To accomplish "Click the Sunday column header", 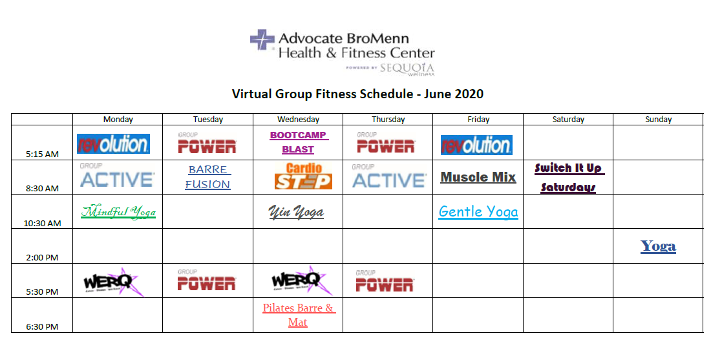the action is pos(658,119).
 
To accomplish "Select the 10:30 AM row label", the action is pos(42,223).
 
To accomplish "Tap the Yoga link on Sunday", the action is pos(658,246).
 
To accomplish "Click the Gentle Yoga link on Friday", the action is pos(478,212).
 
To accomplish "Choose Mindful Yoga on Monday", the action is pos(118,211).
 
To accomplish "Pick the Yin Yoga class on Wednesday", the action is pos(296,212).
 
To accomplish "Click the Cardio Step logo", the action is pos(303,176).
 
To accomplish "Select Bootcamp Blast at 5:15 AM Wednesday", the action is pos(299,142).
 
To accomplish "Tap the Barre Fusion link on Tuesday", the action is pos(207,177).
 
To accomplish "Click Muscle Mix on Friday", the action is pos(478,177).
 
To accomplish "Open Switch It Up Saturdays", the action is pos(569,177).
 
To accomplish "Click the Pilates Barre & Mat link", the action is pos(299,315).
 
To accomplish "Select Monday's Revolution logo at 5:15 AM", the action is pos(113,143).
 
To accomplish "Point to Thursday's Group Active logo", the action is pos(389,176).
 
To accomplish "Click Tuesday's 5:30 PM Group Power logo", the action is pos(206,281).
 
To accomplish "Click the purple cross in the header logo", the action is pos(262,39).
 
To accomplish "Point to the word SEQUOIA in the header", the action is pos(407,68).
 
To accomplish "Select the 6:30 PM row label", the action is pos(42,326).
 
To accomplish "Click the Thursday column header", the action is pos(388,119).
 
